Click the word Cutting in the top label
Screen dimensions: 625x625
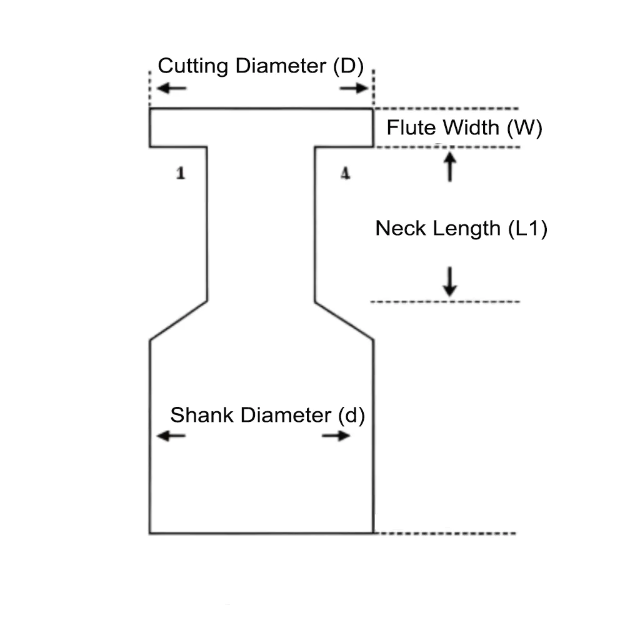click(x=193, y=66)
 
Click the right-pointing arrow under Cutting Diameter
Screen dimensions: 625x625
click(x=354, y=88)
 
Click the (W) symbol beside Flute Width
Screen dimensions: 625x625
click(x=524, y=127)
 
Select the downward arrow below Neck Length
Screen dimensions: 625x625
click(x=449, y=281)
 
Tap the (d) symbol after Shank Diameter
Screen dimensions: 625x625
click(x=351, y=415)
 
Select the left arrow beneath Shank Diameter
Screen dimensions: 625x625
click(x=171, y=436)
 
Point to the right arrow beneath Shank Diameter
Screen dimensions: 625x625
click(x=336, y=436)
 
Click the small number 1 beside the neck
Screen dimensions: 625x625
click(x=181, y=173)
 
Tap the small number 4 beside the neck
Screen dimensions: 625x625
click(x=345, y=173)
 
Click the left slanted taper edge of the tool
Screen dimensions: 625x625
click(x=178, y=321)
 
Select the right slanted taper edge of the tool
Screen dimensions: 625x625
click(x=344, y=321)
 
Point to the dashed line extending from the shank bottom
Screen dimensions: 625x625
click(x=445, y=533)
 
